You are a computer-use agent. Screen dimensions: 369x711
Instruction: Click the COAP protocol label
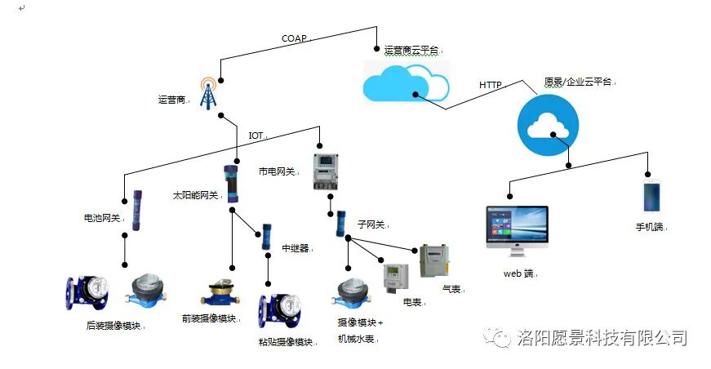[x=294, y=38]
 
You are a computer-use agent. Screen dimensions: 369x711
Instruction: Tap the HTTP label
[x=490, y=85]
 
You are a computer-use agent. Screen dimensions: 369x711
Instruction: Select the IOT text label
[x=256, y=135]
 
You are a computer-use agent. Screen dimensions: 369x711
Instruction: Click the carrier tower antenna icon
[x=210, y=95]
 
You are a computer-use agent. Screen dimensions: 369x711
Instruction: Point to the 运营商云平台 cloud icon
[x=405, y=82]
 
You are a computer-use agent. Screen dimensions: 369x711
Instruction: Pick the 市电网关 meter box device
[x=327, y=171]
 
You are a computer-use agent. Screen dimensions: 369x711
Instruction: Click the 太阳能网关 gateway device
[x=232, y=184]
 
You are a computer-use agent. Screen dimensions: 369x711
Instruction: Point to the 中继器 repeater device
[x=265, y=235]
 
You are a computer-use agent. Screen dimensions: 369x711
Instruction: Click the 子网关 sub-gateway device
[x=341, y=224]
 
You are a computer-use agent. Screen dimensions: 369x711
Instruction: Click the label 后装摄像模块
[x=113, y=326]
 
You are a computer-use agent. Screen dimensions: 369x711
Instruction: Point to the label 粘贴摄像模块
[x=286, y=341]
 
